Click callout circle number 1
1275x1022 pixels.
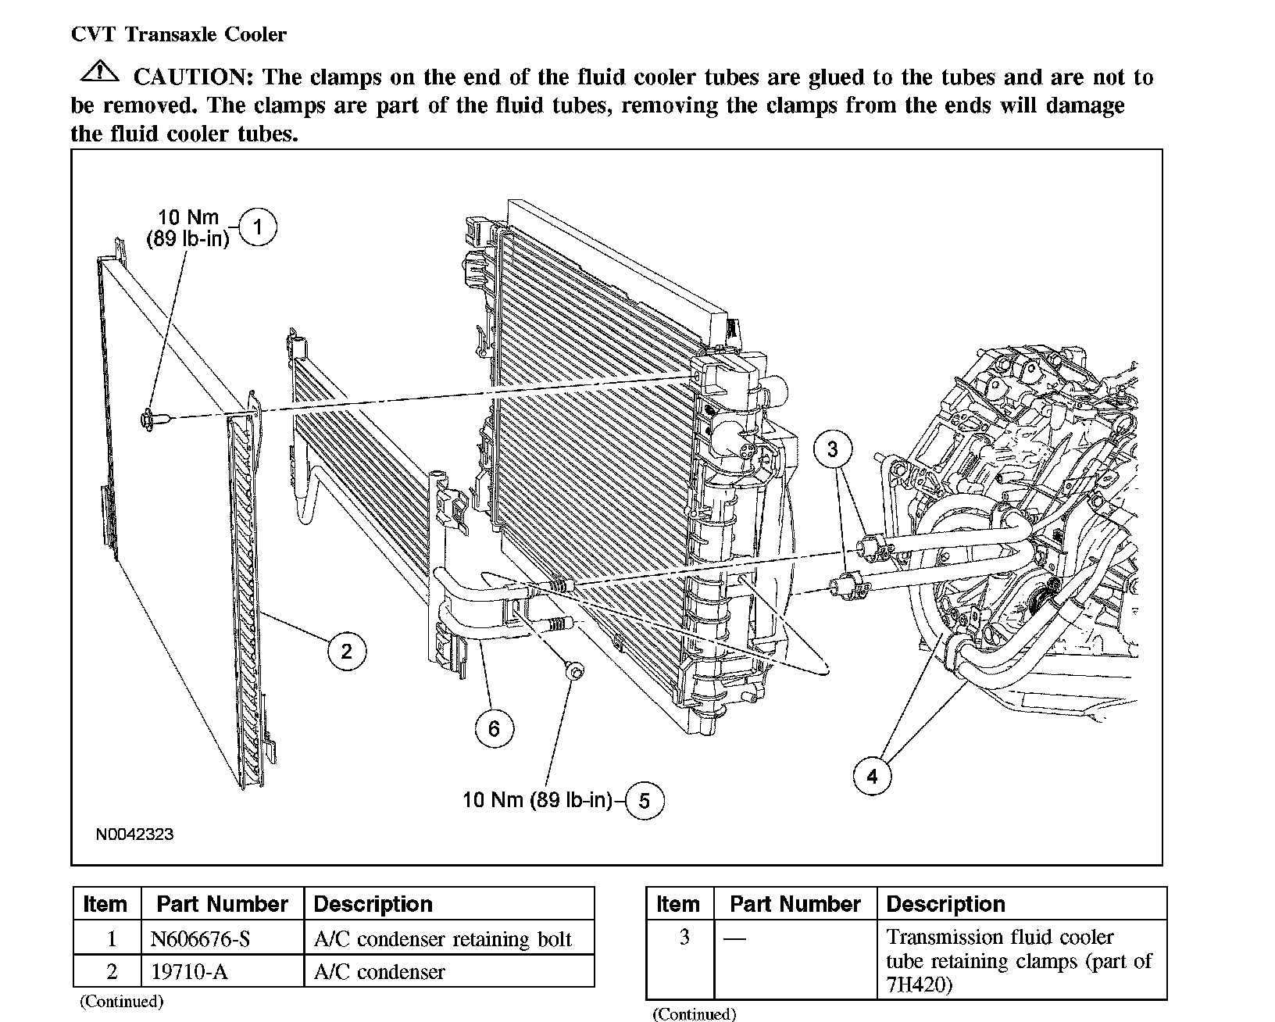coord(257,227)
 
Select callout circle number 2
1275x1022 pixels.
coord(346,650)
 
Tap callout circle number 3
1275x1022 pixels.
coord(832,448)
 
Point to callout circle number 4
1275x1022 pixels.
coord(872,776)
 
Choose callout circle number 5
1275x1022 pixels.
coord(644,800)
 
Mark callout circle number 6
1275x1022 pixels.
coord(494,728)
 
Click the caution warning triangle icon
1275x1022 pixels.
coord(99,73)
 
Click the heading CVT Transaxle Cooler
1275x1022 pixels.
coord(179,34)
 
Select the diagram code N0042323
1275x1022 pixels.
coord(134,834)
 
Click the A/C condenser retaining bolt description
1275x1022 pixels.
coord(442,938)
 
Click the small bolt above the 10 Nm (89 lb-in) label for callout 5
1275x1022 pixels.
coord(573,670)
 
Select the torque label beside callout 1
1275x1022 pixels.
coord(188,228)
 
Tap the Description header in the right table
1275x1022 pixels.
coord(945,904)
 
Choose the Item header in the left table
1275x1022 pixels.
coord(105,904)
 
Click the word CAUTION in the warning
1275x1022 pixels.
coord(191,77)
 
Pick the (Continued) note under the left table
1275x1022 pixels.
coord(121,1001)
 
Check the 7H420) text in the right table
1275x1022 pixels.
coord(920,984)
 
